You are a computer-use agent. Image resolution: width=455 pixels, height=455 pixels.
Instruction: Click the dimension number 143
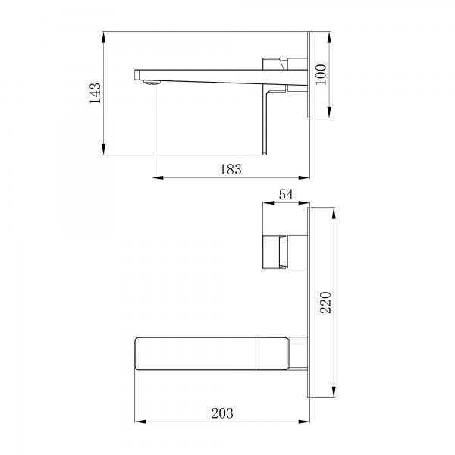click(x=95, y=94)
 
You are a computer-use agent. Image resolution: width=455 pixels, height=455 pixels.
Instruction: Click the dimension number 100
click(x=321, y=74)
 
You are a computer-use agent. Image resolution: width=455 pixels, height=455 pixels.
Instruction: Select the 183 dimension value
click(x=231, y=171)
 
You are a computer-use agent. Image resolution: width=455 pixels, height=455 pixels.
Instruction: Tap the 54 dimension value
click(x=285, y=195)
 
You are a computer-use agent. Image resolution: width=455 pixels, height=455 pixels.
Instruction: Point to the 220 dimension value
click(x=325, y=301)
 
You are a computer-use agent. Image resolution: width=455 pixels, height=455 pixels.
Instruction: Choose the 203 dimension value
click(x=221, y=413)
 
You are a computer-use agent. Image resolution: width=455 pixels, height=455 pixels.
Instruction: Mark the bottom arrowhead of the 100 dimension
click(x=331, y=115)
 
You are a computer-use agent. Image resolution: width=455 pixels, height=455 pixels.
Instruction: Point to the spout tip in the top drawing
click(x=139, y=74)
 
